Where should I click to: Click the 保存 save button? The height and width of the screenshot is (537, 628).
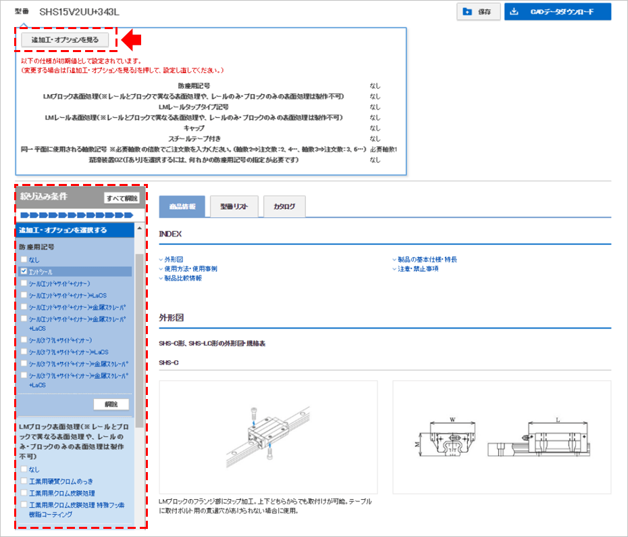coord(478,11)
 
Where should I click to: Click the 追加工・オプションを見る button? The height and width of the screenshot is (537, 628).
coord(65,40)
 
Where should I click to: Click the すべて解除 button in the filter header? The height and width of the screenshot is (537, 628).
coord(122,198)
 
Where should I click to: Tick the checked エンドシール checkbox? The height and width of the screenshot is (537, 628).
coord(24,271)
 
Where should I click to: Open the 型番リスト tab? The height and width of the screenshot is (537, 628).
coord(234,206)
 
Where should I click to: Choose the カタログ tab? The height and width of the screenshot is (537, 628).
coord(284,206)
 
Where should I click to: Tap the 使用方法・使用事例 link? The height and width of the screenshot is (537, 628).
coord(190,268)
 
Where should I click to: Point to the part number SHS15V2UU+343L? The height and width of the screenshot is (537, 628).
coord(78,12)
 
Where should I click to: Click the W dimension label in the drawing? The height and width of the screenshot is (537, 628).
coord(452,420)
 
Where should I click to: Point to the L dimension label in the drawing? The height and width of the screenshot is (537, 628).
coord(557,420)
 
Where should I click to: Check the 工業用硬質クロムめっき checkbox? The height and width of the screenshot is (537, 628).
coord(24,481)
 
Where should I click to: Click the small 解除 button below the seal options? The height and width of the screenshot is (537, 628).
coord(111,404)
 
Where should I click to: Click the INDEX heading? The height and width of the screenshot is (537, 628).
coord(170,233)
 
